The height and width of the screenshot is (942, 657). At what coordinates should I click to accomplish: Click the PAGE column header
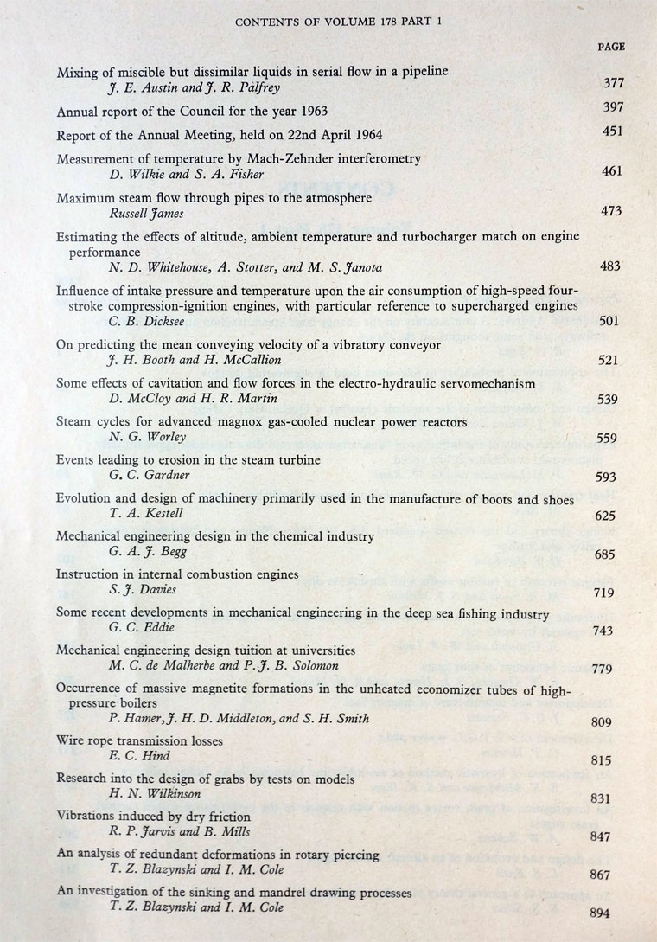[x=610, y=47]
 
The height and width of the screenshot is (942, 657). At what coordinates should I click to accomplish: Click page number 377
[x=611, y=84]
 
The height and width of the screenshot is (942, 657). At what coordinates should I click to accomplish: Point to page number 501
[x=609, y=321]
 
